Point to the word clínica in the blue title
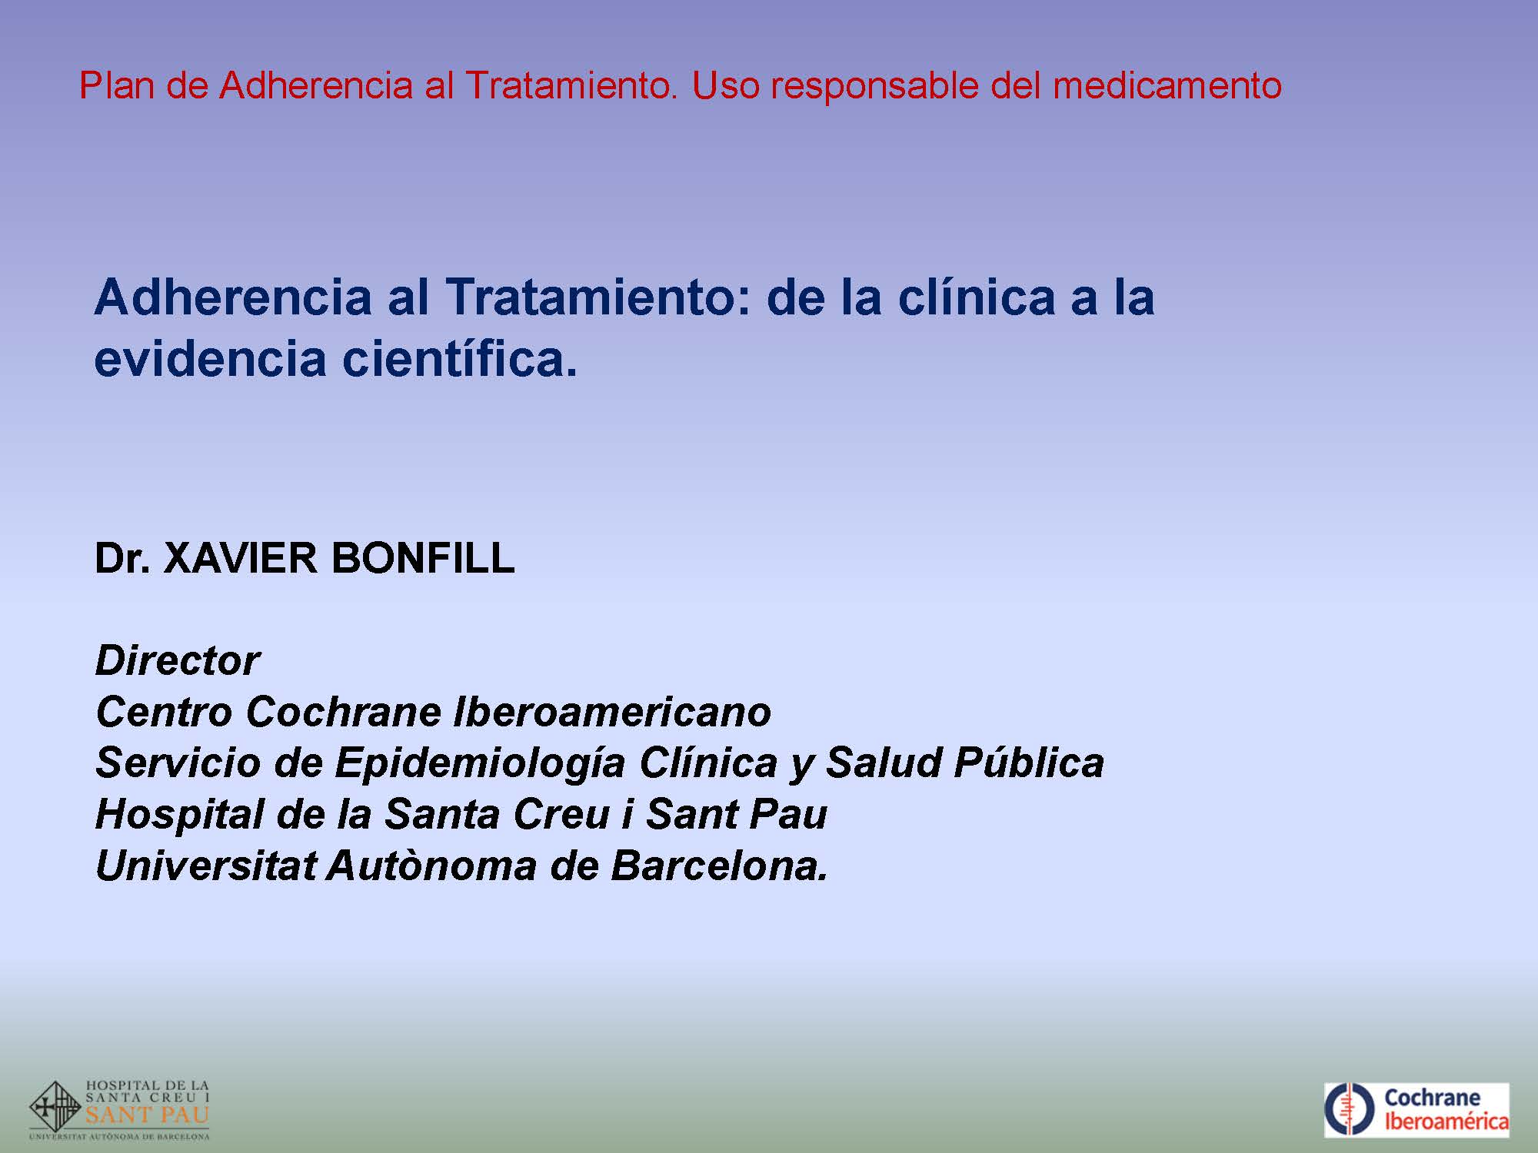tap(975, 297)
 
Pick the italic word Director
tap(178, 660)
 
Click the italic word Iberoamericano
tap(612, 712)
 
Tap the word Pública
tap(1029, 763)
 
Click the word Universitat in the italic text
tap(205, 866)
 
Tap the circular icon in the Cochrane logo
tap(1350, 1109)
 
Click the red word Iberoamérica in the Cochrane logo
tap(1446, 1121)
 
